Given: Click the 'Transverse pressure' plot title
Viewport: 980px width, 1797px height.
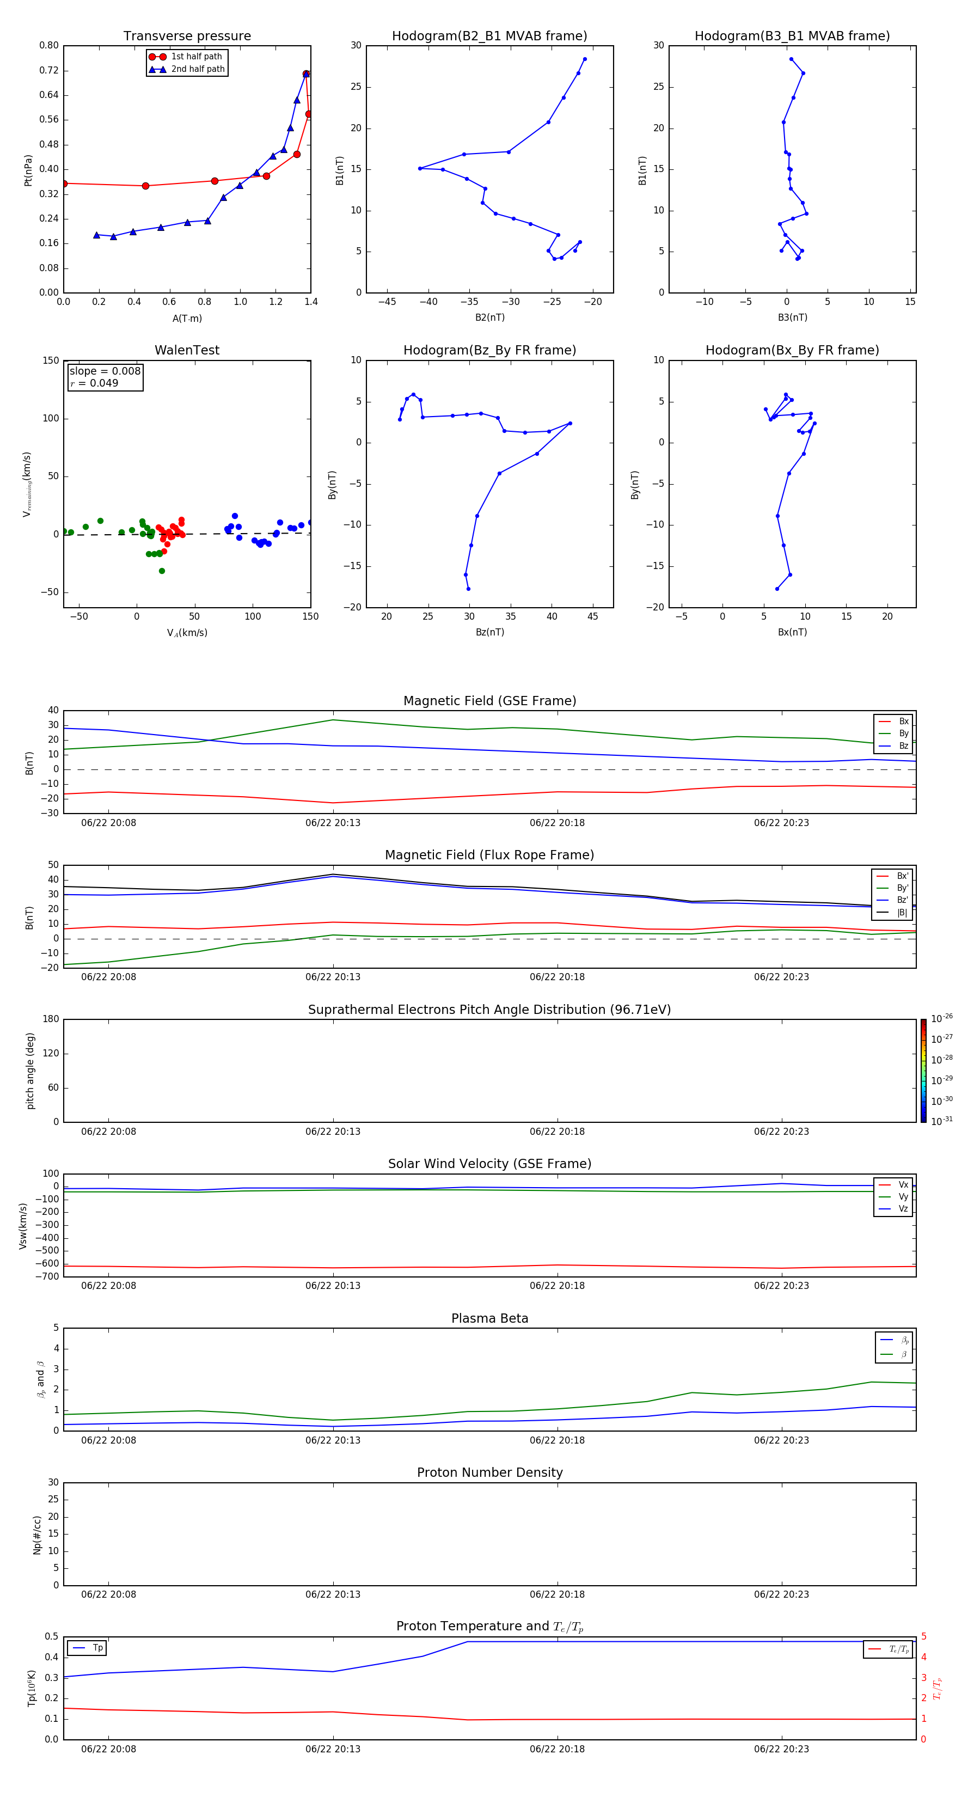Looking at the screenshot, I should (x=187, y=36).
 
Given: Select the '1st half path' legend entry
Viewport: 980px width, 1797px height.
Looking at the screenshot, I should (x=196, y=57).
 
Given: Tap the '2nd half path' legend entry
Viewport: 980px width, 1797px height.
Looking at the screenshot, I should (x=198, y=69).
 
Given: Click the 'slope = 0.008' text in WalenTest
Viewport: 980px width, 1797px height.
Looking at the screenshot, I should (x=105, y=371).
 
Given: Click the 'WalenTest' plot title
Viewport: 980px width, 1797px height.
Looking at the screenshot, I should (x=187, y=350).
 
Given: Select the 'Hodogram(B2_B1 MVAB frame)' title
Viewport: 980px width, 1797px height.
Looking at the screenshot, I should (x=489, y=36).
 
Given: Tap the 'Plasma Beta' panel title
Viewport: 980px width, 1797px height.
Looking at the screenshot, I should (x=489, y=1318).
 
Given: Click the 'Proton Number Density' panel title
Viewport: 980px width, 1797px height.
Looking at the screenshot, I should (x=489, y=1472).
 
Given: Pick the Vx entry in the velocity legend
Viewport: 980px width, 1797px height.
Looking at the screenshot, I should (x=903, y=1184).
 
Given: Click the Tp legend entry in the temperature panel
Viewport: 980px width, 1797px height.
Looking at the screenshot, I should (x=97, y=1648).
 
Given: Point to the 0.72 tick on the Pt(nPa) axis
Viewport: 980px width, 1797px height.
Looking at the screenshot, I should (x=49, y=70).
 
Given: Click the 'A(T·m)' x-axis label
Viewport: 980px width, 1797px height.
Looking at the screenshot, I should (x=187, y=319).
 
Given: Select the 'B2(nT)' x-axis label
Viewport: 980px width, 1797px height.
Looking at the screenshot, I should (x=489, y=317).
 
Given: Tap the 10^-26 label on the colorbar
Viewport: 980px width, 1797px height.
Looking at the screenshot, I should (x=942, y=1018).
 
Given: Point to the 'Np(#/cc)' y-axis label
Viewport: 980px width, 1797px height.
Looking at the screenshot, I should (x=38, y=1535).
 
